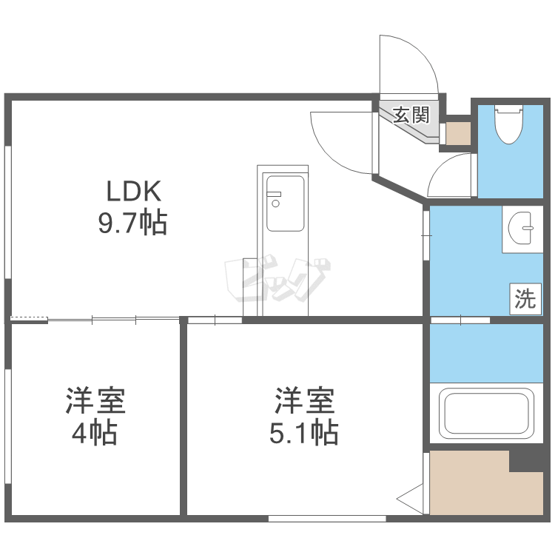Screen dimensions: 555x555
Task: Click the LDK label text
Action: click(133, 192)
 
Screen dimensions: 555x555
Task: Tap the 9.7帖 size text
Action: click(133, 222)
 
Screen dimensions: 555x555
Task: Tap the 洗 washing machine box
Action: click(525, 298)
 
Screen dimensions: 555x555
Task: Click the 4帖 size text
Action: click(94, 433)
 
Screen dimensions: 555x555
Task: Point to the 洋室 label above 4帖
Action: click(95, 400)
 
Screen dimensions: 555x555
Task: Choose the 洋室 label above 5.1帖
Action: click(305, 400)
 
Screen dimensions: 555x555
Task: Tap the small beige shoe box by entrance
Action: click(458, 133)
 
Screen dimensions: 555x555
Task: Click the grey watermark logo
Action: click(277, 281)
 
